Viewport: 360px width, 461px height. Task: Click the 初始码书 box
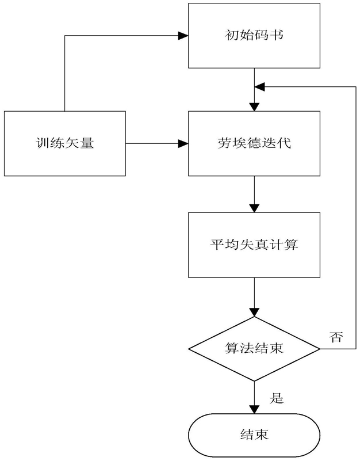tap(254, 36)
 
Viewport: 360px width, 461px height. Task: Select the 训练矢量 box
tap(65, 143)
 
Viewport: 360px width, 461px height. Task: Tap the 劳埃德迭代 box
tap(254, 143)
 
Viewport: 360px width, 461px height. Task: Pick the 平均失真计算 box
tap(254, 245)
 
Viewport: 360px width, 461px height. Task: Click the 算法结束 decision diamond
tap(254, 349)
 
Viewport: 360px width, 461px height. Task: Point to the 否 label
tap(336, 337)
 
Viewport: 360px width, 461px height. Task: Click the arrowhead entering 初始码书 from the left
tap(183, 36)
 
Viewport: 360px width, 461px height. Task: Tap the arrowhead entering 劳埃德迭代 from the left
tap(183, 143)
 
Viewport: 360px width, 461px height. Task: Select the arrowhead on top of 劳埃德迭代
tap(254, 106)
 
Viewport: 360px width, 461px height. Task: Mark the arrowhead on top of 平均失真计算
tap(254, 208)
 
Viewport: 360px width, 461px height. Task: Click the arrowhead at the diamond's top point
tap(254, 312)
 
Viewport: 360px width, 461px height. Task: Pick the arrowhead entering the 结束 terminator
tap(254, 409)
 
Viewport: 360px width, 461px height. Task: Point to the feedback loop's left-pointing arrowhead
tap(260, 87)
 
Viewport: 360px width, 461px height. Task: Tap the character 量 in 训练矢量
tap(87, 143)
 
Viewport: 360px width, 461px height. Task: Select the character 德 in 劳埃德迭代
tap(254, 143)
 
